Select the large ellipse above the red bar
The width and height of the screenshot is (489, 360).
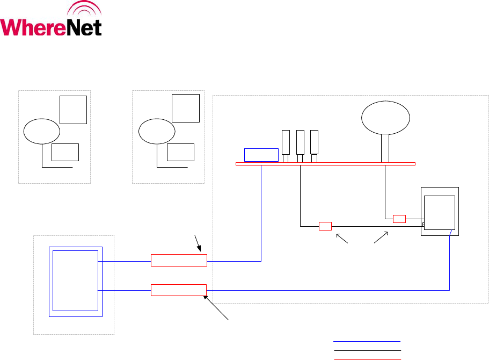point(386,118)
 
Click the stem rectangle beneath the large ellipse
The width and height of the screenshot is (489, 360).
point(385,148)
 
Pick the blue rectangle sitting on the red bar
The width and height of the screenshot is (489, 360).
point(261,154)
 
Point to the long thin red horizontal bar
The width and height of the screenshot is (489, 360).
point(325,163)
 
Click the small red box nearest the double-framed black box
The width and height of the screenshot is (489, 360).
point(399,219)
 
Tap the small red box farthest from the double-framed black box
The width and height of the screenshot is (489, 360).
point(325,226)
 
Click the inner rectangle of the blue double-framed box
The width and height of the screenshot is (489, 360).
point(76,280)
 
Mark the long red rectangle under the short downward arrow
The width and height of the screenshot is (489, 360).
point(179,261)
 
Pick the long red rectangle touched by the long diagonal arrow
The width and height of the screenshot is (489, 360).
point(179,290)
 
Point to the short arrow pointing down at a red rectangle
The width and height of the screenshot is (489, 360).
point(197,243)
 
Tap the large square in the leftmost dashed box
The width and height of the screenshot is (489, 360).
point(73,110)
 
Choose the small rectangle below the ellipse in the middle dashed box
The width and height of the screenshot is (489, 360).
point(180,153)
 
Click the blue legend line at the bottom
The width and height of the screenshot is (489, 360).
point(367,341)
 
